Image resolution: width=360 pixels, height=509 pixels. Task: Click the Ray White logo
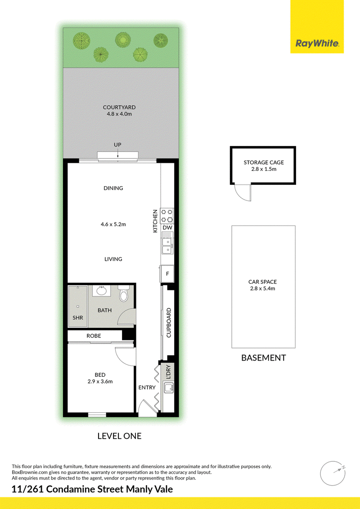(x=317, y=43)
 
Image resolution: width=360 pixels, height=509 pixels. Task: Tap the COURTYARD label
(x=119, y=107)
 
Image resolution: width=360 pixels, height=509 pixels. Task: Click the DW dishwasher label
(x=167, y=228)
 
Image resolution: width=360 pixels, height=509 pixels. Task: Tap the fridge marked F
(x=167, y=274)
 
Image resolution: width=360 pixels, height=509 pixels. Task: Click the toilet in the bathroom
(x=124, y=293)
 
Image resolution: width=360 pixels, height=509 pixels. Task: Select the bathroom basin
(x=102, y=290)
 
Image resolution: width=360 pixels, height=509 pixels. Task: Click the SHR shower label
(x=78, y=318)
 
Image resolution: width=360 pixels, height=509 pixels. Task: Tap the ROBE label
(x=94, y=335)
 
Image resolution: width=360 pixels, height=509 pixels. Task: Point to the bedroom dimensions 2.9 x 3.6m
(x=100, y=381)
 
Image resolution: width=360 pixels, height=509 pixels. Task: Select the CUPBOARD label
(x=169, y=323)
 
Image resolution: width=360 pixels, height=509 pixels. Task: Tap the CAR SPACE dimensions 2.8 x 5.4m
(x=262, y=288)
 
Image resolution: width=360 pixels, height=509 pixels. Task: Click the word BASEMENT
(x=264, y=358)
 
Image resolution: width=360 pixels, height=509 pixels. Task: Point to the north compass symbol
(x=333, y=473)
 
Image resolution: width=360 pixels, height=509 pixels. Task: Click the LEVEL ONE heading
(x=120, y=436)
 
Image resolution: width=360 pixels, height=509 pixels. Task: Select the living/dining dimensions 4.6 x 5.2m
(x=113, y=224)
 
